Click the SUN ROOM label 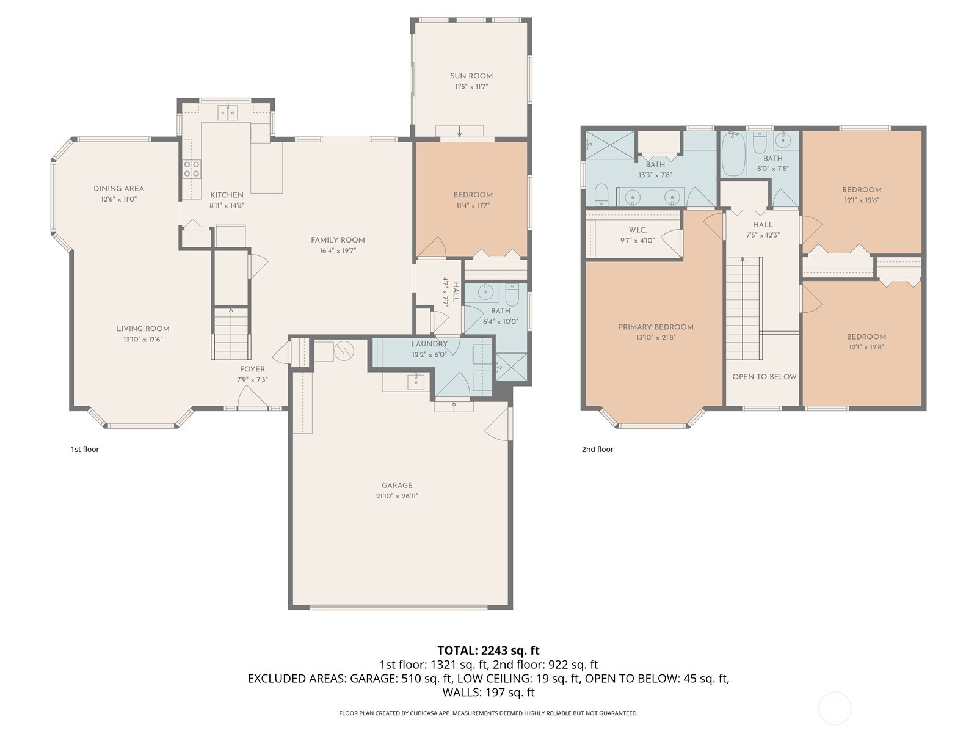coord(471,76)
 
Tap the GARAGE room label coord(396,485)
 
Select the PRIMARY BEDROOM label coord(656,327)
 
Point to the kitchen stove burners coord(192,169)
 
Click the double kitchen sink coord(228,112)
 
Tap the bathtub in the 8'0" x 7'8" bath coord(733,154)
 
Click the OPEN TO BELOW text coord(765,376)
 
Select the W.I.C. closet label coord(637,230)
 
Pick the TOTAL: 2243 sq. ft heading coord(488,650)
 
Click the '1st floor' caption coord(84,449)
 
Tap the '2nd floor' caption coord(597,449)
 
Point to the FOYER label coord(252,369)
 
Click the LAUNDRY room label coord(429,343)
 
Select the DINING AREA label coord(118,188)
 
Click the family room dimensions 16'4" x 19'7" coord(338,250)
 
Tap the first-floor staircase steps coord(231,334)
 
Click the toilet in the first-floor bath coord(512,294)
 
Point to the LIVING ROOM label coord(143,329)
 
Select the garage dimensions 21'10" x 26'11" coord(396,496)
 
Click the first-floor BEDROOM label coord(473,194)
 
